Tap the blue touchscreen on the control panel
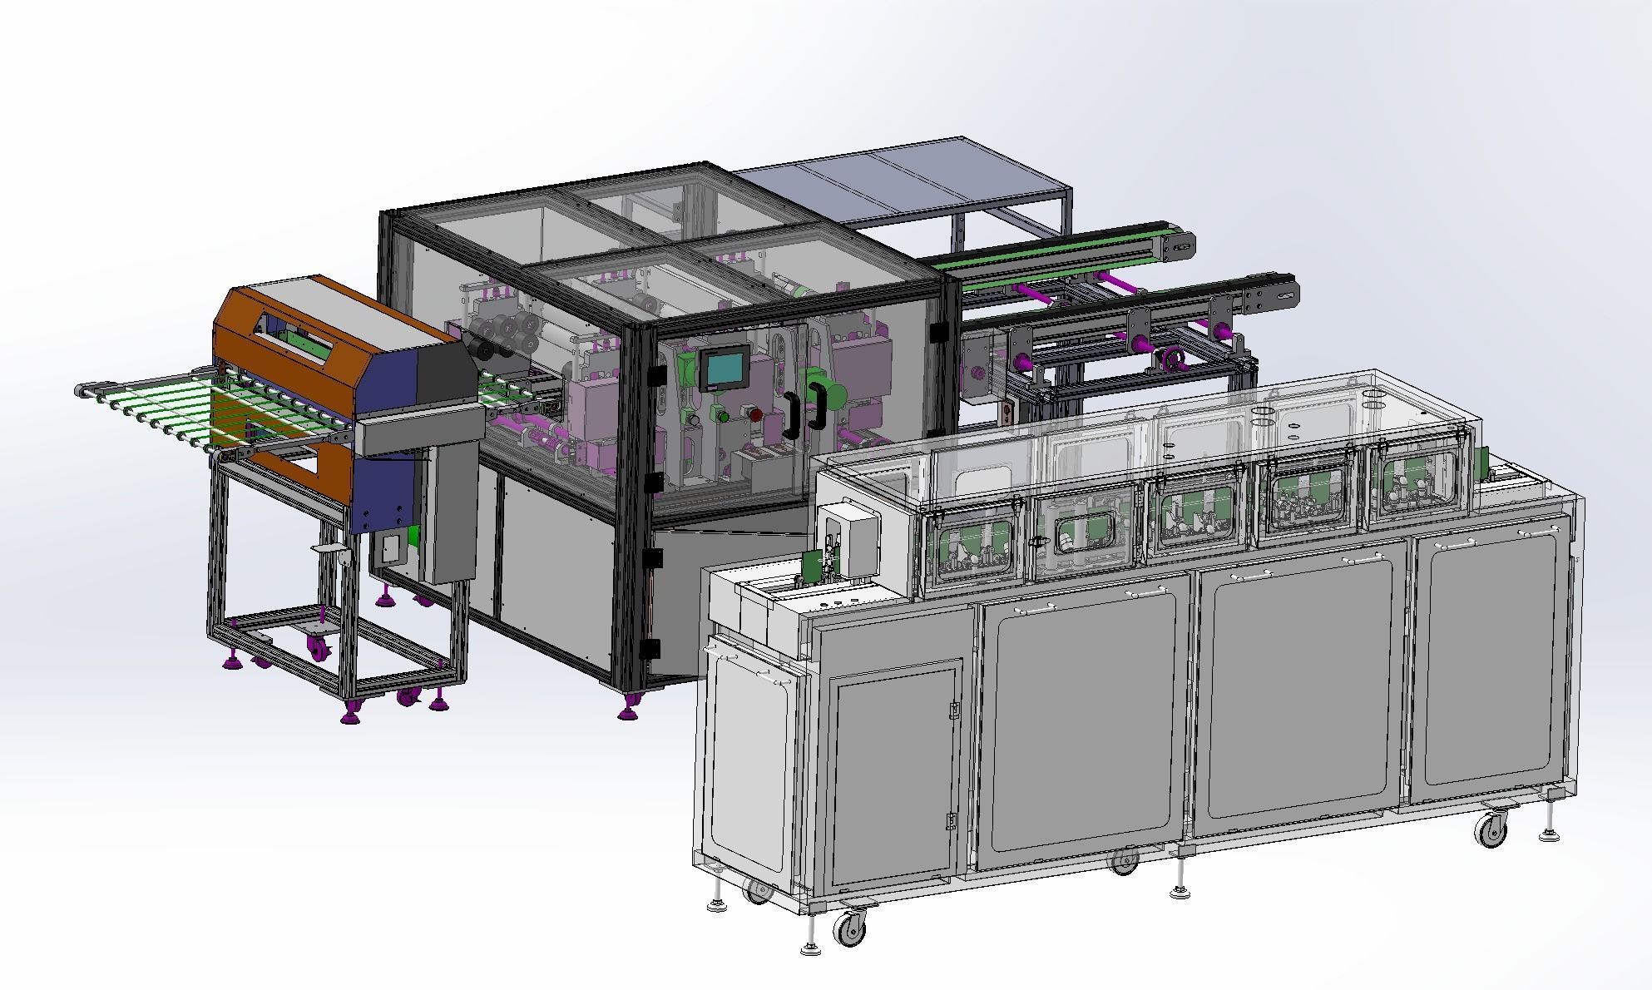tap(721, 368)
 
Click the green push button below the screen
tap(723, 415)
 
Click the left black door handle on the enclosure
tap(789, 413)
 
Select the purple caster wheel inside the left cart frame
tap(317, 646)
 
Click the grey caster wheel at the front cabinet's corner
tap(851, 928)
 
